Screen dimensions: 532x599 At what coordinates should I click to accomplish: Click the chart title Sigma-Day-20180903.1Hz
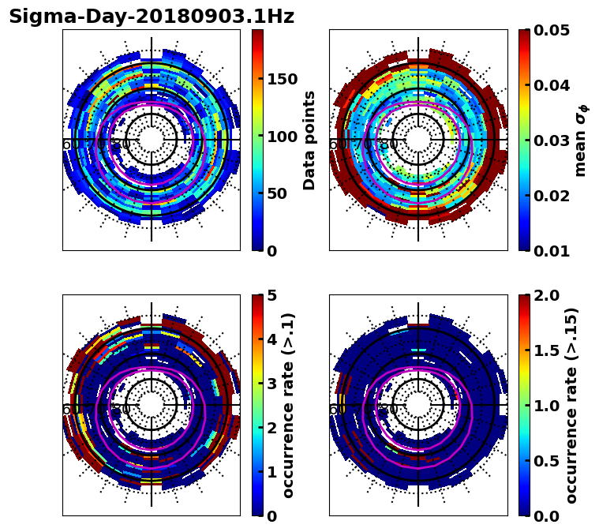(x=152, y=17)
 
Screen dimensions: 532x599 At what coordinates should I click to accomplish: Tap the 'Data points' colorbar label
(x=309, y=140)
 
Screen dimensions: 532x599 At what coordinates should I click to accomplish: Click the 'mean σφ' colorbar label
(x=581, y=140)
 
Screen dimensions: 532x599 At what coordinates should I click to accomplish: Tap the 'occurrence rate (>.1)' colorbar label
(x=289, y=405)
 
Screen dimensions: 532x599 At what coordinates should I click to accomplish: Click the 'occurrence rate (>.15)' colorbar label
(x=571, y=405)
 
